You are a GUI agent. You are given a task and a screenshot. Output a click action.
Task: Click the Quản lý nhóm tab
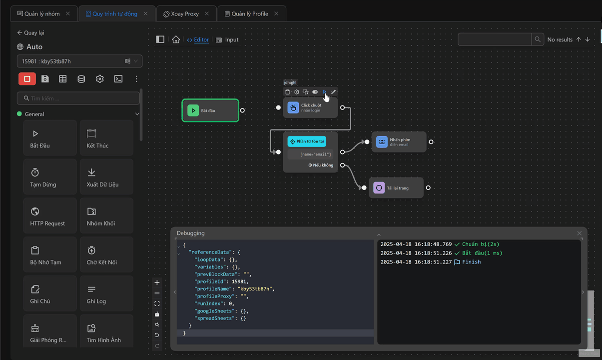[42, 13]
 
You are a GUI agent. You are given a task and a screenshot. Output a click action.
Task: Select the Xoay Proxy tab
[184, 14]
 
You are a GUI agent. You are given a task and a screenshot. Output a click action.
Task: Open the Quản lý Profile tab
[249, 14]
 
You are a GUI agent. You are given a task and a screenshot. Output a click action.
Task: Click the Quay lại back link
[31, 32]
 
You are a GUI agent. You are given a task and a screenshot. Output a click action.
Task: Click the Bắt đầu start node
[210, 110]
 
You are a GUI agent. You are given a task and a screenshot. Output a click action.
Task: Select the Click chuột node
[310, 107]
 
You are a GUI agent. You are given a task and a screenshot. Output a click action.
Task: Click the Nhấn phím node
[399, 142]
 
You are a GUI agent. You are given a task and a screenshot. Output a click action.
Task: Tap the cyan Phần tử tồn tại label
[307, 141]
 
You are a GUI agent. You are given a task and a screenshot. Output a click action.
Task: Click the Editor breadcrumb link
[201, 39]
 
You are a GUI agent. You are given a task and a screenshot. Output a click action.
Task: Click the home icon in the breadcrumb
[176, 39]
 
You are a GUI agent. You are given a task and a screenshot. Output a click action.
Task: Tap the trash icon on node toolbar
[287, 92]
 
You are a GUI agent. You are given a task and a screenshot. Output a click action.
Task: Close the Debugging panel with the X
[580, 233]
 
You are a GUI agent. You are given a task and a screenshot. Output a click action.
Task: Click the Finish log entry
[471, 262]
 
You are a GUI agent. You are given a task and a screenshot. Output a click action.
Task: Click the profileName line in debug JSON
[234, 288]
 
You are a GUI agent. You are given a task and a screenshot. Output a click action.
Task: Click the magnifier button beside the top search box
[538, 39]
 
